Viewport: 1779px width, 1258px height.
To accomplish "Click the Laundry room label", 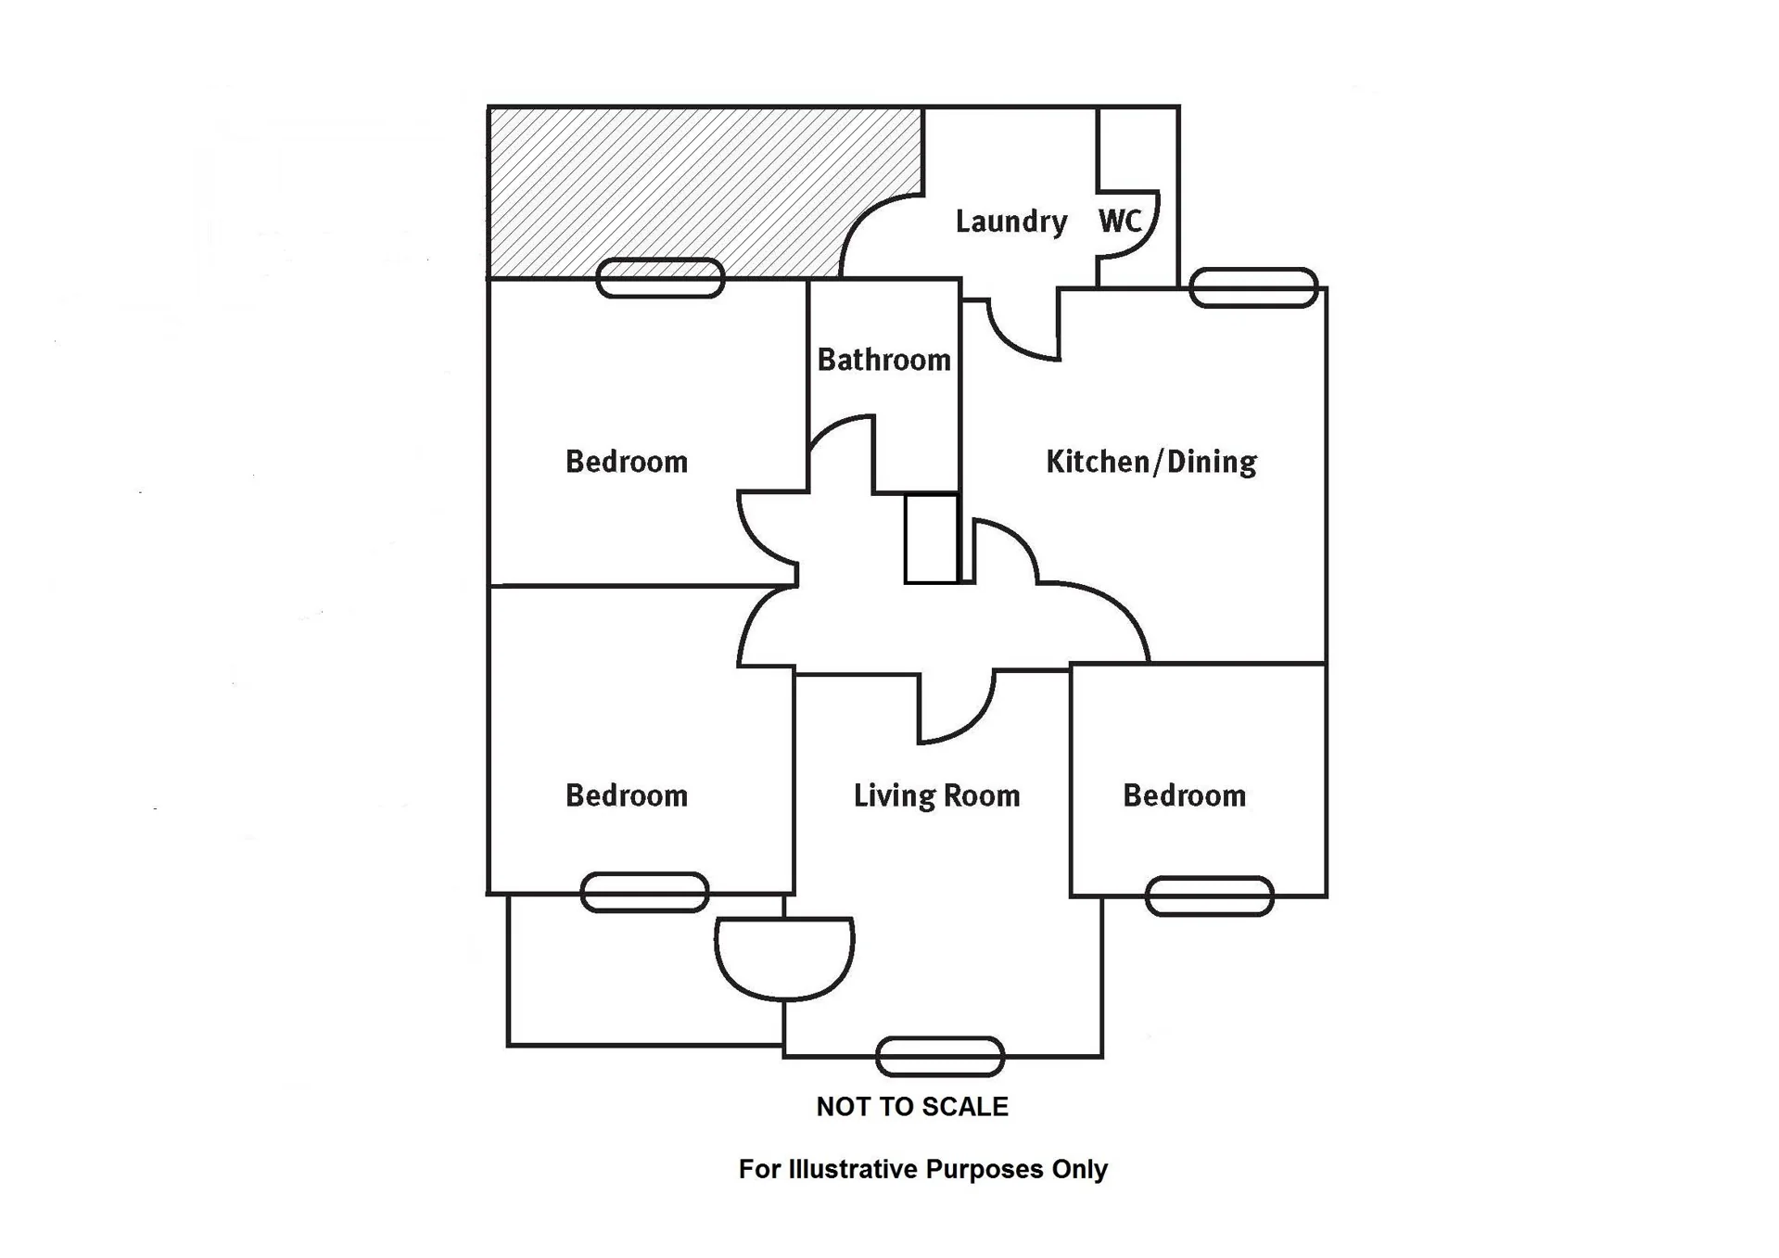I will point(1010,222).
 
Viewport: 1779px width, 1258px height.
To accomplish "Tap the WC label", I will point(1119,221).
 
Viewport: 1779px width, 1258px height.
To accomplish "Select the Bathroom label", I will point(883,360).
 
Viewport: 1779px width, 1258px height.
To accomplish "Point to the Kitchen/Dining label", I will point(1150,462).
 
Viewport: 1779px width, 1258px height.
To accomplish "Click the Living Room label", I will point(936,795).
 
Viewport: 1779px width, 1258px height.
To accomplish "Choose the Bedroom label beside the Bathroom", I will point(627,462).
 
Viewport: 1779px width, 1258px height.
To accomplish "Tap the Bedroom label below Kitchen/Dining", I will point(1184,795).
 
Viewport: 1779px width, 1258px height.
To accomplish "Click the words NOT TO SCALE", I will point(912,1107).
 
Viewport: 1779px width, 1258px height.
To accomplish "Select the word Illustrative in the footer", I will point(855,1170).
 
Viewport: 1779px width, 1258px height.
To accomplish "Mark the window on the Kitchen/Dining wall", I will point(1253,287).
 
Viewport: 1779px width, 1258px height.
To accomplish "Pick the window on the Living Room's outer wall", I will point(940,1057).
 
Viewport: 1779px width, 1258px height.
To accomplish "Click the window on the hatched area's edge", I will point(660,278).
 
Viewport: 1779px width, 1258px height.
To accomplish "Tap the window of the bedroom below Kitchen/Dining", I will point(1209,896).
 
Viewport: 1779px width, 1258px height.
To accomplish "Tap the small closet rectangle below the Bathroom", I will point(931,539).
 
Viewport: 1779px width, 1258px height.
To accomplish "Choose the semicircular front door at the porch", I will point(784,959).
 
